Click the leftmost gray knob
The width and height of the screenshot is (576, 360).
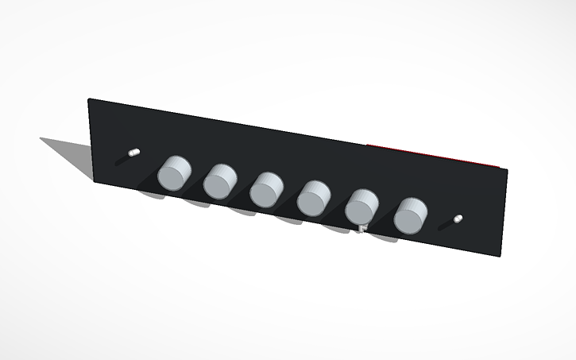(x=174, y=173)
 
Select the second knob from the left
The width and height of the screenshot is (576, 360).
(x=220, y=180)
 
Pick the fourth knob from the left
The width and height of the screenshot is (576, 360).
(x=315, y=197)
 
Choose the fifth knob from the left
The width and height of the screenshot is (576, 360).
(x=362, y=207)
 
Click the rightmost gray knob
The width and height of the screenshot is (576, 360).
(x=411, y=215)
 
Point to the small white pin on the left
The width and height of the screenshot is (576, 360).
(x=134, y=150)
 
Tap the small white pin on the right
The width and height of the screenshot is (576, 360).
(x=458, y=217)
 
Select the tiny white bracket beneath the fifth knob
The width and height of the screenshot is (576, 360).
(x=362, y=229)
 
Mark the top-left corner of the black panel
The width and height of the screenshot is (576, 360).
(x=89, y=99)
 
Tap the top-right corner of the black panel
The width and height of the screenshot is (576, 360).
(x=505, y=169)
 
